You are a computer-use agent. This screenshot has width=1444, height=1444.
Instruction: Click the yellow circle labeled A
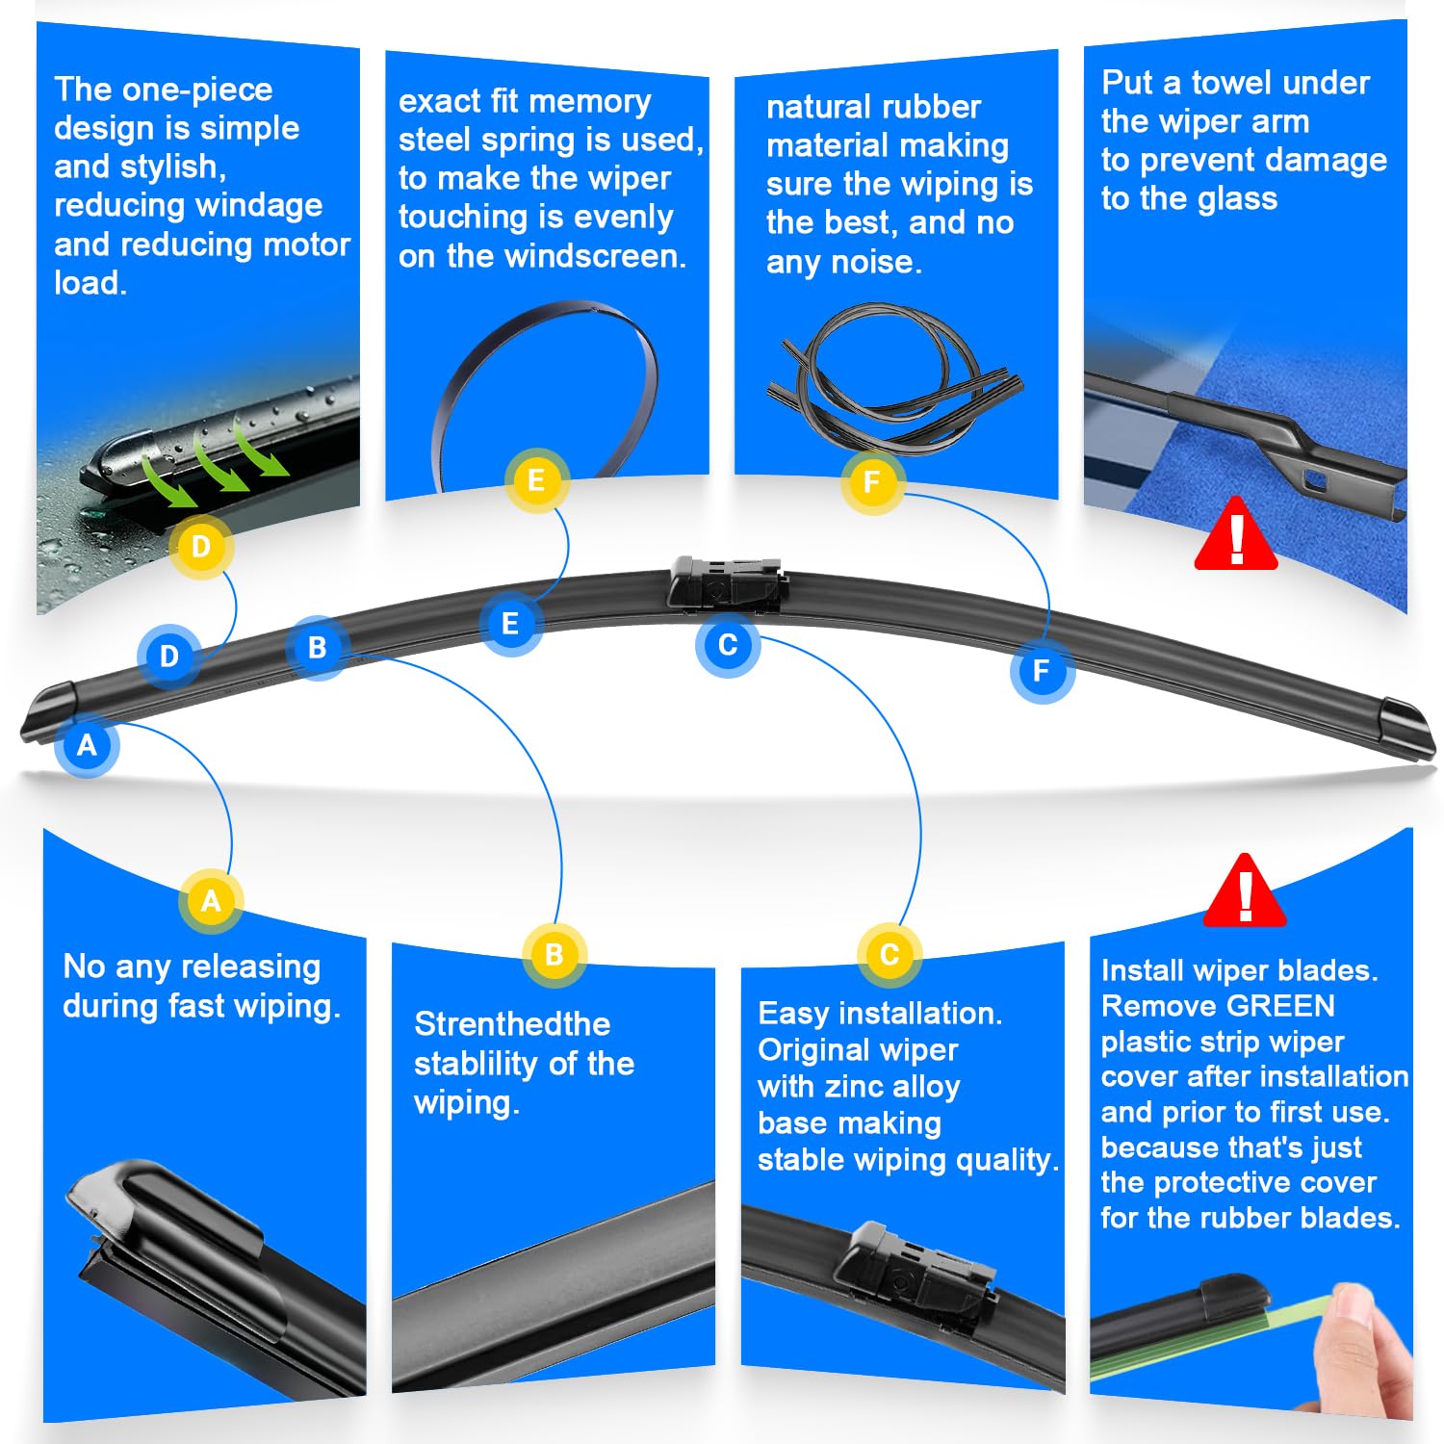click(211, 901)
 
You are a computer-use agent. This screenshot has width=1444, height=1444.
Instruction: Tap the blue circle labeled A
click(87, 745)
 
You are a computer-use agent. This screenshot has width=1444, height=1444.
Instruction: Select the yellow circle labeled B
click(554, 955)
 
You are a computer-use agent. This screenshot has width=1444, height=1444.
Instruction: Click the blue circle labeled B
click(317, 648)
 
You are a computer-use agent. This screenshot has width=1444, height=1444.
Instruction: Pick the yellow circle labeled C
click(890, 955)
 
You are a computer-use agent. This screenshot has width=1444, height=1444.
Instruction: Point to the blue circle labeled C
click(728, 644)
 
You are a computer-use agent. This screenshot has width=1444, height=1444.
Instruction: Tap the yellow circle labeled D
click(201, 547)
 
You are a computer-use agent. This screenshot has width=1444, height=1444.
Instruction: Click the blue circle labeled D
click(169, 657)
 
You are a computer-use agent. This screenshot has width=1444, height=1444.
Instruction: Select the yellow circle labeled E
click(536, 479)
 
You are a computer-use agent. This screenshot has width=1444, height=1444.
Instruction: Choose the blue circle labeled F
click(1041, 671)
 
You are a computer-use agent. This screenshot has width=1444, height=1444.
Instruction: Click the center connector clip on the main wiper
click(727, 583)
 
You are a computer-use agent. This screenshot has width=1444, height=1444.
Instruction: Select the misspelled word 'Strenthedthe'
click(511, 1023)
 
